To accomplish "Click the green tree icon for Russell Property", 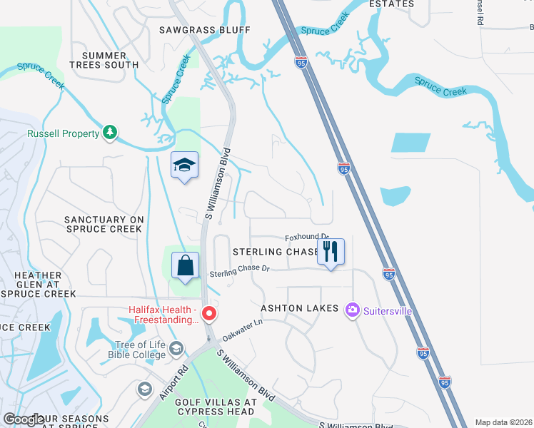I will (x=109, y=133).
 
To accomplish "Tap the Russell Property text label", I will (x=63, y=133).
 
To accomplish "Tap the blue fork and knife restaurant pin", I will (x=331, y=251).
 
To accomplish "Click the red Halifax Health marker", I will (x=209, y=313).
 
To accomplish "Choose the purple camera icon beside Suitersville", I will (x=351, y=310).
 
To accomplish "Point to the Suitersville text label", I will (x=388, y=311).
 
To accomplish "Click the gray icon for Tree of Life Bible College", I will (x=176, y=348).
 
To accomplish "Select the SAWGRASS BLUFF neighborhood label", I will (x=205, y=29).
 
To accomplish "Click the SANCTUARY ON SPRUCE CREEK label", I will (x=104, y=224).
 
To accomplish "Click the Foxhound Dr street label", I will (x=306, y=237).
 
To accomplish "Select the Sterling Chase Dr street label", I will (x=239, y=271).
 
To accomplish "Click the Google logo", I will (x=24, y=420).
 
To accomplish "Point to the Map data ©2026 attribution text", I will (x=503, y=422).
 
